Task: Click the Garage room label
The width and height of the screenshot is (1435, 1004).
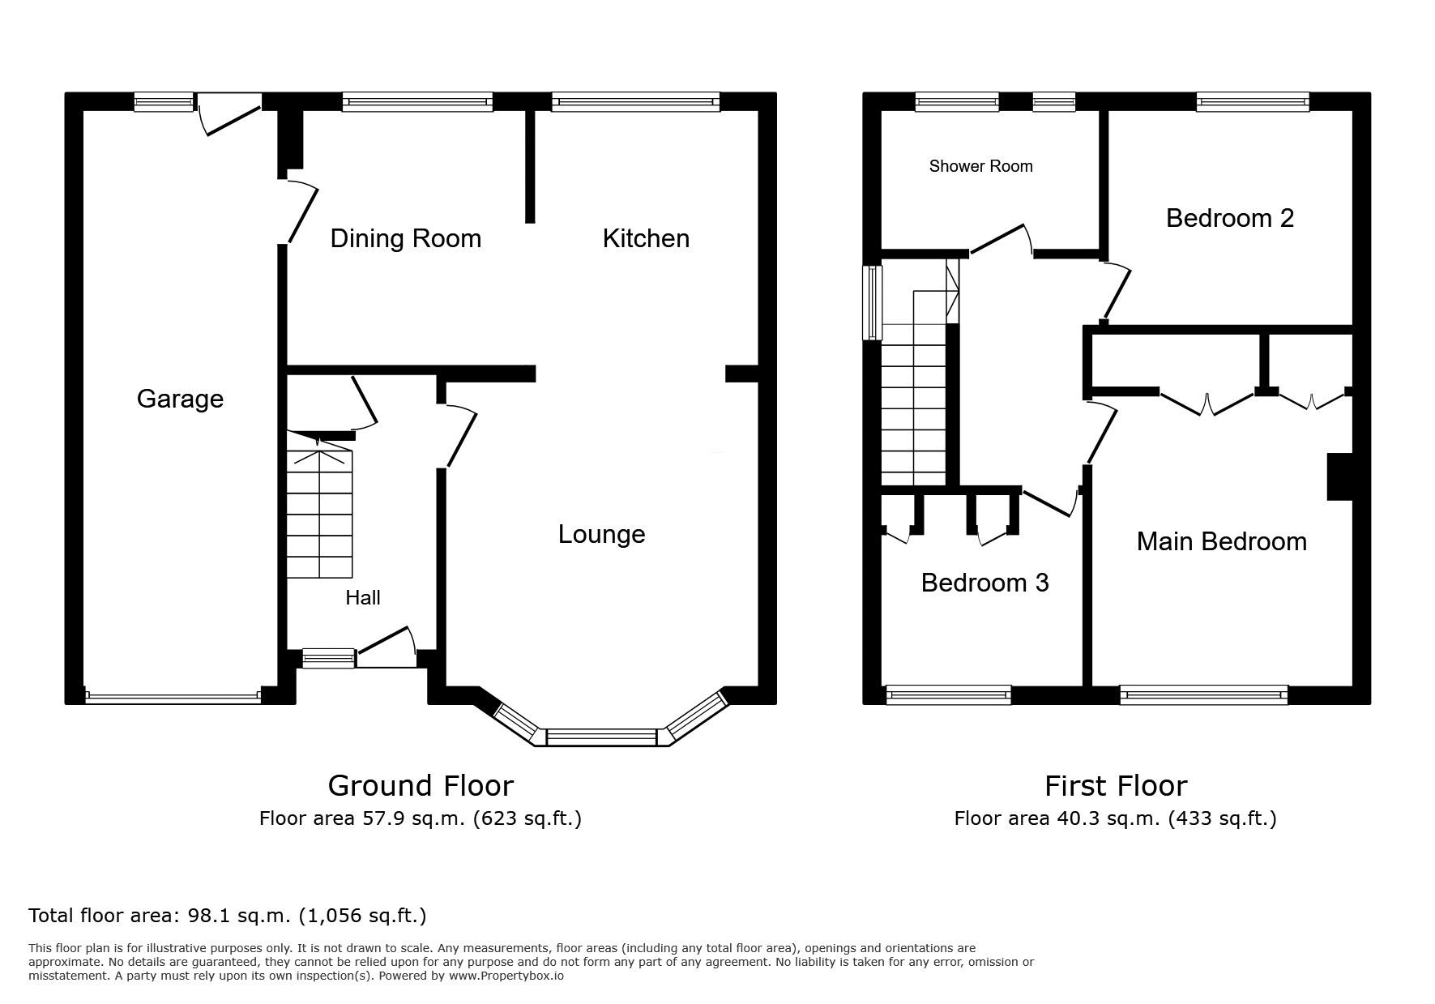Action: click(180, 399)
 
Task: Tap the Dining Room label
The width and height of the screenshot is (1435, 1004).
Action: click(406, 238)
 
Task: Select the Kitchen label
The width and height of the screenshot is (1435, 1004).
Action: click(646, 238)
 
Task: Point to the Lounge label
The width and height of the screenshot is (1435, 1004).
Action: click(601, 534)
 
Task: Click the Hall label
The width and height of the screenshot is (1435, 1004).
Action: click(363, 598)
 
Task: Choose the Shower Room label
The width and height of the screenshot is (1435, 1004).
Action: click(980, 166)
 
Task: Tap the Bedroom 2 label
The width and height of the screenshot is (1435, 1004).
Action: click(1229, 218)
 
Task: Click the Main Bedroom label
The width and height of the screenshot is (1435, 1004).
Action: click(1221, 541)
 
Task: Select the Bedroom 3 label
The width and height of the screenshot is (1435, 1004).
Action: click(984, 583)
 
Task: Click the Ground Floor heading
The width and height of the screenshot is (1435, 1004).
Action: click(421, 785)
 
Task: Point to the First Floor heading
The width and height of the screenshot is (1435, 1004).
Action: click(1116, 785)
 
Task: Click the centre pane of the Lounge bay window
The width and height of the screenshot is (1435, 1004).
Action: click(601, 737)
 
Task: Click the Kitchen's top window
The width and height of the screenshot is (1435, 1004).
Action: click(635, 102)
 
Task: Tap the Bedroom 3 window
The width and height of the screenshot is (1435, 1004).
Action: click(949, 694)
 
